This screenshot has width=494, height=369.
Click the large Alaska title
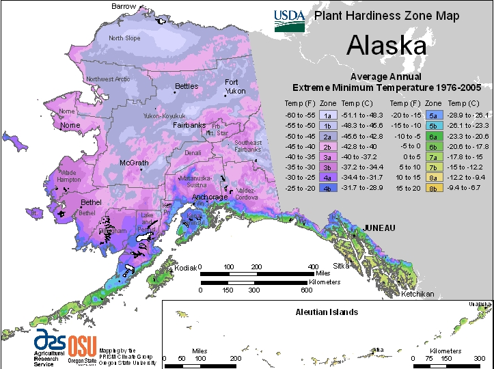(x=386, y=45)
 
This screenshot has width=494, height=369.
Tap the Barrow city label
(x=124, y=6)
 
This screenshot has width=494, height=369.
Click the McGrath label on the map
(x=135, y=163)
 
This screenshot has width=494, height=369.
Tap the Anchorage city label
(x=209, y=197)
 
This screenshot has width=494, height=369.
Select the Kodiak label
(x=185, y=268)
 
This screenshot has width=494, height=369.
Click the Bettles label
(x=187, y=86)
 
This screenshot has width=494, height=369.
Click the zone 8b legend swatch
(x=433, y=187)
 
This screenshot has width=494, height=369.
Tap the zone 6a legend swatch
(x=433, y=136)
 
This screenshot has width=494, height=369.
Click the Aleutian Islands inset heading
(x=326, y=312)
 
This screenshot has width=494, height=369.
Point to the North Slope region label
(x=125, y=38)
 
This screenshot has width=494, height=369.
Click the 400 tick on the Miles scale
(x=313, y=266)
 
